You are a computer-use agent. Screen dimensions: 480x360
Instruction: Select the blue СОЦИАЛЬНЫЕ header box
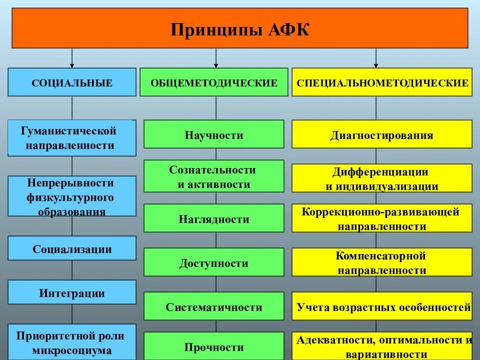coord(72,82)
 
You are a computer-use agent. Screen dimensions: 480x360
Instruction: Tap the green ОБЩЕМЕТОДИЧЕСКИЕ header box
coord(214,82)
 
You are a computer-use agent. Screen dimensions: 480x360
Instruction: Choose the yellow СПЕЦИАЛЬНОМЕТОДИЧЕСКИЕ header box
coord(382,82)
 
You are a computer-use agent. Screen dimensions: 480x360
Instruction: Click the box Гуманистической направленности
coord(72,138)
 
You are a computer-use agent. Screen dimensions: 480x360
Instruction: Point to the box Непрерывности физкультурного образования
coord(72,196)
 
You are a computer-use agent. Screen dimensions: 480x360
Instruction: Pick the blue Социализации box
coord(72,248)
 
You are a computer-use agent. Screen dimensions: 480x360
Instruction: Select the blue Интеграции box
coord(72,292)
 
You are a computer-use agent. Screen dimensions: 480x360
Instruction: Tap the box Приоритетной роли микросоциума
coord(72,342)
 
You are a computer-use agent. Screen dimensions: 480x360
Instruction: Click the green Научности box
coord(214,134)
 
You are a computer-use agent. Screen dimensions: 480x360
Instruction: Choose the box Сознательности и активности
coord(214,176)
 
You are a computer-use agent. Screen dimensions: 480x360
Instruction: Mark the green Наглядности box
coord(214,218)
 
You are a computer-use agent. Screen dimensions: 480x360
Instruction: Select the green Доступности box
coord(214,262)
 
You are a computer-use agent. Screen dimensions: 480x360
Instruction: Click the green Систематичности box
coord(214,306)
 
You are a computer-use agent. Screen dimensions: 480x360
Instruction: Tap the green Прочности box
coord(214,346)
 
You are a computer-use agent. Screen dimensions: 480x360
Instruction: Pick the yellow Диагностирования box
coord(382,134)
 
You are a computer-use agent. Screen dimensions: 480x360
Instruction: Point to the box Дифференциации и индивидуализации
coord(382,178)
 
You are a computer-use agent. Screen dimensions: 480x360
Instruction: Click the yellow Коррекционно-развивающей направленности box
coord(382,218)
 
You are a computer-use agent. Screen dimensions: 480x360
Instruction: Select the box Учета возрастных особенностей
coord(382,306)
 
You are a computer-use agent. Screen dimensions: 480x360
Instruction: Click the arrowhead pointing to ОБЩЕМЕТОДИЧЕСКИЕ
coord(216,65)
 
